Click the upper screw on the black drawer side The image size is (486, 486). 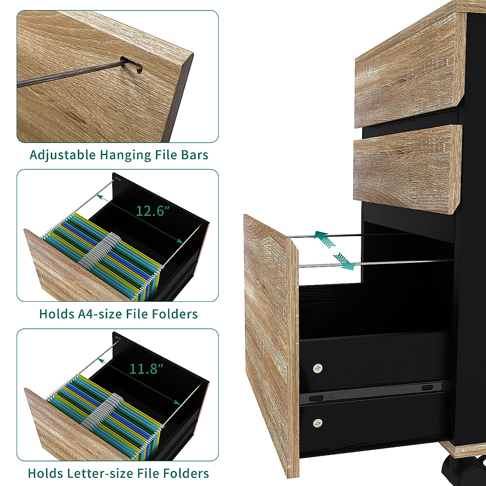point(318,368)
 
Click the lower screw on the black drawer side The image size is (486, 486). point(318,423)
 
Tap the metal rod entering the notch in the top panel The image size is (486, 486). point(69,73)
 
